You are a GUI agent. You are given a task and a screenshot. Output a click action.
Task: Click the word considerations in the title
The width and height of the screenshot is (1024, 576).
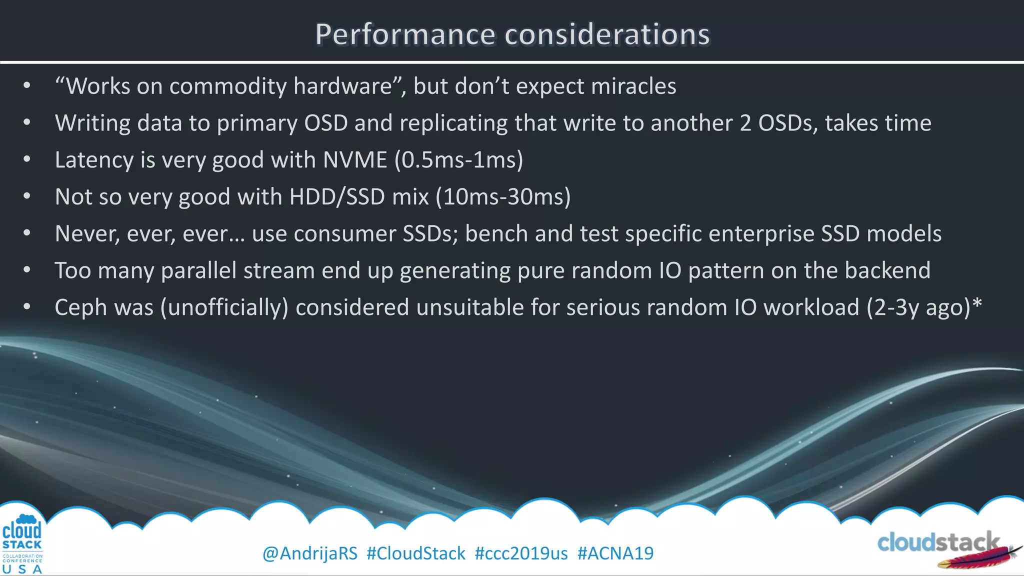point(607,34)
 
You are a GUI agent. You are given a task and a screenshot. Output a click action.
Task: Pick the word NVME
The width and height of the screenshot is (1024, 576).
point(355,160)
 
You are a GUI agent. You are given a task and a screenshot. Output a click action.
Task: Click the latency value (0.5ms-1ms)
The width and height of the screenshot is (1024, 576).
point(458,160)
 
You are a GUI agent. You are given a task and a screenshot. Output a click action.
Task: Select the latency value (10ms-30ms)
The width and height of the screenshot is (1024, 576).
point(503,197)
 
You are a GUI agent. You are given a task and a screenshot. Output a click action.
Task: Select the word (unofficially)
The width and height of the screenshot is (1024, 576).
point(224,307)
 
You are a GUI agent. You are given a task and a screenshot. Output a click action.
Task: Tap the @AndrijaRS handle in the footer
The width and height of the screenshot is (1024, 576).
point(310,553)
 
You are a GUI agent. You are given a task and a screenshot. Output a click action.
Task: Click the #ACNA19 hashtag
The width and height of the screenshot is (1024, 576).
point(615,553)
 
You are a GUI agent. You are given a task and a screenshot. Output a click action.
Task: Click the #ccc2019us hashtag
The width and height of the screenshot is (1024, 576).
point(521,553)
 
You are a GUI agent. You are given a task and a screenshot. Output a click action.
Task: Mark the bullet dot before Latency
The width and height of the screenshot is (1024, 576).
point(27,160)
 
